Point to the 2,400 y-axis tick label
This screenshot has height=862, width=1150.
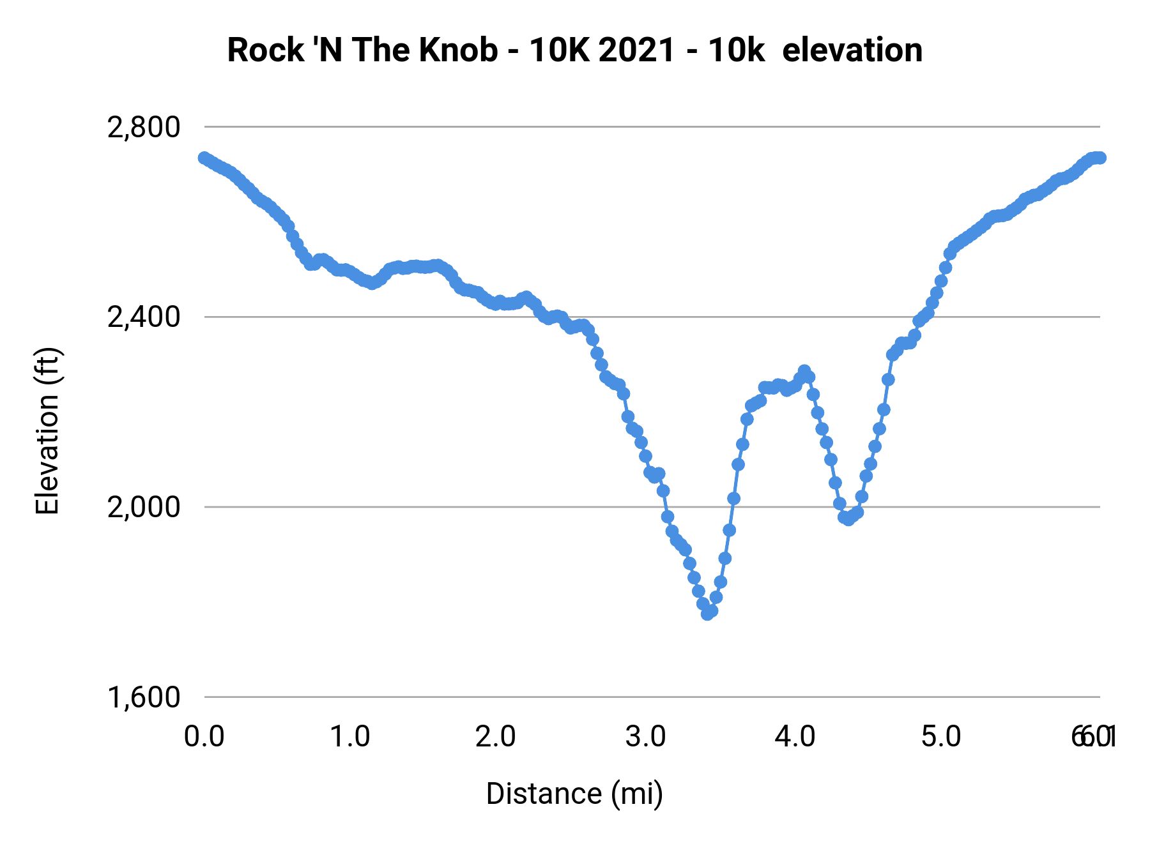click(144, 317)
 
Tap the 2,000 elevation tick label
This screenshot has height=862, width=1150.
click(144, 508)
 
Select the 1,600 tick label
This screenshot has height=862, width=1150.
click(144, 697)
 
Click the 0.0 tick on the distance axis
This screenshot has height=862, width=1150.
click(204, 737)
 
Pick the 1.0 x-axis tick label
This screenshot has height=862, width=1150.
click(350, 737)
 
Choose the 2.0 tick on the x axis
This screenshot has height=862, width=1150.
click(496, 737)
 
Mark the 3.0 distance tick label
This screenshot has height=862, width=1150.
click(645, 737)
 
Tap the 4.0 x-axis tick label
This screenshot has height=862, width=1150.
click(795, 737)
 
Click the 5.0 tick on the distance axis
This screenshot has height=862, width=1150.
click(941, 737)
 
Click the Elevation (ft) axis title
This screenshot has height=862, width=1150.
click(47, 431)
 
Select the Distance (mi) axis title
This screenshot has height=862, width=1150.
click(574, 794)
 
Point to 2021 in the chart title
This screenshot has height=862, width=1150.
click(637, 50)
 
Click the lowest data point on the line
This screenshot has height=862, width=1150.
click(707, 614)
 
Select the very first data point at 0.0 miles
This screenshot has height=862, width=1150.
click(204, 158)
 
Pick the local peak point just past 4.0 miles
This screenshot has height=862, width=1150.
click(804, 371)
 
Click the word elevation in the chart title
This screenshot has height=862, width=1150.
click(852, 50)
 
